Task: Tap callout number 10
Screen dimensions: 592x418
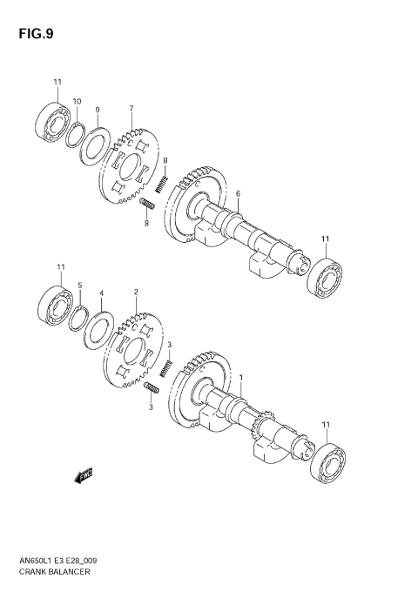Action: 77,102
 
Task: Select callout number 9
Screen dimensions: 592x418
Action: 98,110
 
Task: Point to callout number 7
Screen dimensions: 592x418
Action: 131,109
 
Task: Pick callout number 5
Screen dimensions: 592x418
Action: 79,286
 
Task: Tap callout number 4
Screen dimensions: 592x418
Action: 101,293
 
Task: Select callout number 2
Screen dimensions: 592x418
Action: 136,293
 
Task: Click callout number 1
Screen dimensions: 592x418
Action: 241,377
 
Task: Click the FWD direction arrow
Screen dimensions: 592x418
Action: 84,475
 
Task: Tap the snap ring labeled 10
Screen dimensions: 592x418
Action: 76,133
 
